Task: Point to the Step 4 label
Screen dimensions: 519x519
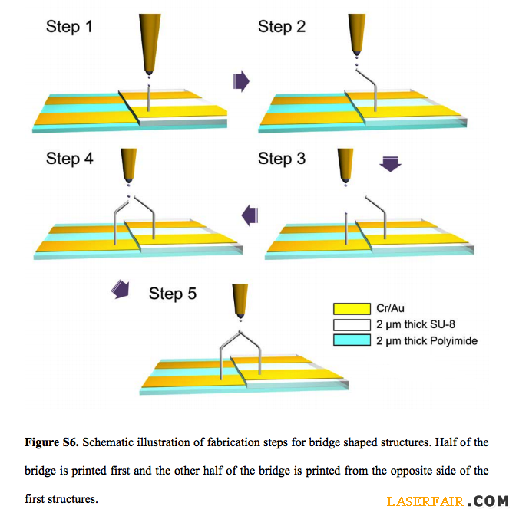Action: coord(69,159)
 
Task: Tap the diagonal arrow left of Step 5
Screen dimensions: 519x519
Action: coord(121,288)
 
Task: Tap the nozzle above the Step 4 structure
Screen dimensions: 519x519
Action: coord(129,166)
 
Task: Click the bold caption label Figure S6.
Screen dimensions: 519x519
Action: coord(51,442)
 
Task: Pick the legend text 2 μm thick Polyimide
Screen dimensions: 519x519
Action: coord(426,340)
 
